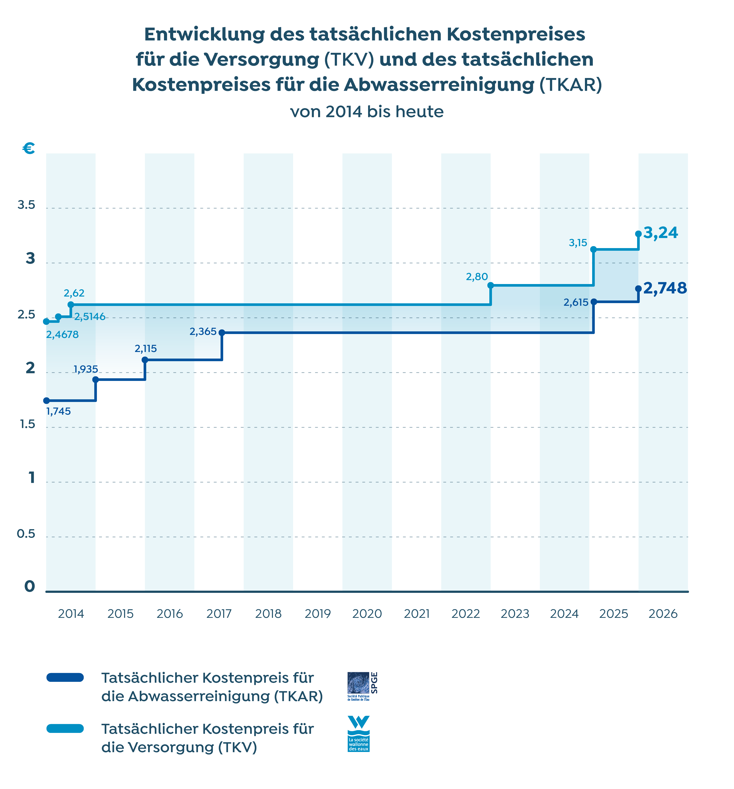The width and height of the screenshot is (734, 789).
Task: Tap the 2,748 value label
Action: [x=665, y=288]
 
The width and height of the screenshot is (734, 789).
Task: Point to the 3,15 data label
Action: [x=578, y=243]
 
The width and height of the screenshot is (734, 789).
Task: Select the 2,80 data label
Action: [x=477, y=277]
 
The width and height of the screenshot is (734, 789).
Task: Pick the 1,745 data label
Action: [x=59, y=411]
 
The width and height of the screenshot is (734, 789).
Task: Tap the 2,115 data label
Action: [x=146, y=348]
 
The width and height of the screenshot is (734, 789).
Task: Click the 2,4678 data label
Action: [x=62, y=335]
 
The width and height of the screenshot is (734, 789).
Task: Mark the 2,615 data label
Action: [x=576, y=302]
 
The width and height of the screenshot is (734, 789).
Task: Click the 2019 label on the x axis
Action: [x=318, y=614]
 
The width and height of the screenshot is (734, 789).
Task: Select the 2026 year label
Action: [x=663, y=614]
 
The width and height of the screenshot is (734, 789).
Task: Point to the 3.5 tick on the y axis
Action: [x=26, y=205]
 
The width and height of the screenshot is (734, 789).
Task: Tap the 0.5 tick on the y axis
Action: [x=26, y=534]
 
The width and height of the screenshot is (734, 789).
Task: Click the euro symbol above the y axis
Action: [x=29, y=148]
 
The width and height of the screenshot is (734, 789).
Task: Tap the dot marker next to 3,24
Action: [x=638, y=234]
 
